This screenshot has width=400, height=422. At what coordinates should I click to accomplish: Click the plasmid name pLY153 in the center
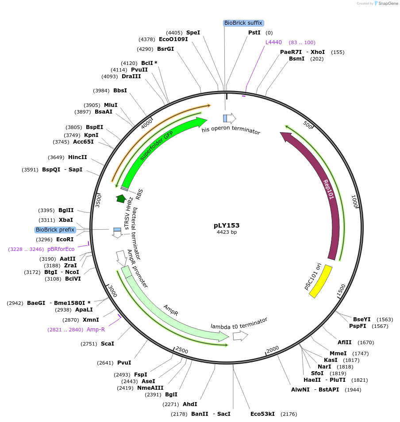pyautogui.click(x=226, y=225)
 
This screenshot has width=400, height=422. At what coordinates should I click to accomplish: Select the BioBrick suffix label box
pyautogui.click(x=243, y=23)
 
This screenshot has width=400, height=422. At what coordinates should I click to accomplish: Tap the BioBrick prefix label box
pyautogui.click(x=55, y=230)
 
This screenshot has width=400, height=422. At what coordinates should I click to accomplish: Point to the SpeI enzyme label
pyautogui.click(x=193, y=33)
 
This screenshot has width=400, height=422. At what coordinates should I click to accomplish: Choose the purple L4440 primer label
pyautogui.click(x=273, y=42)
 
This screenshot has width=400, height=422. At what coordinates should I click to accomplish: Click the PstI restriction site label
pyautogui.click(x=254, y=33)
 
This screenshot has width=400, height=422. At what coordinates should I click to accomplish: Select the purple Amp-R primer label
pyautogui.click(x=96, y=329)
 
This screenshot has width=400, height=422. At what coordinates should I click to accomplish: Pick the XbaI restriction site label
pyautogui.click(x=66, y=220)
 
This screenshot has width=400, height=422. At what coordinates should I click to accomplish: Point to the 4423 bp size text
pyautogui.click(x=226, y=232)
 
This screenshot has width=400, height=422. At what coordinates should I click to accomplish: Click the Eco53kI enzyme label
pyautogui.click(x=262, y=414)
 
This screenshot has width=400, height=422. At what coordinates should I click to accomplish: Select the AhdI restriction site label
pyautogui.click(x=190, y=404)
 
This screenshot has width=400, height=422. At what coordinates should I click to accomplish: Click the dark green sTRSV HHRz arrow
pyautogui.click(x=120, y=199)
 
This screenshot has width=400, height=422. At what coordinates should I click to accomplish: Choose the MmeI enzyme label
pyautogui.click(x=338, y=353)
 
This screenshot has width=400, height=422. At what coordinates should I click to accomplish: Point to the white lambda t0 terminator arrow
pyautogui.click(x=240, y=336)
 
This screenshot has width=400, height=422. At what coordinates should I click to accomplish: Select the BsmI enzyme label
pyautogui.click(x=296, y=59)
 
